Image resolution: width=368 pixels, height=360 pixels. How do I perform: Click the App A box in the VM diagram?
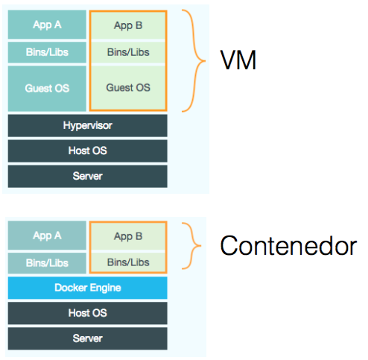point(47,25)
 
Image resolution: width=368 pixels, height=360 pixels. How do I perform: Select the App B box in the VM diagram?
point(128,25)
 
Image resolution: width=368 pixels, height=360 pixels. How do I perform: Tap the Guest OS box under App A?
point(47,88)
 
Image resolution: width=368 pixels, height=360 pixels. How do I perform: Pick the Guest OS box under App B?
point(128,87)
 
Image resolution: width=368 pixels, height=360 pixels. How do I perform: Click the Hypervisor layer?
point(87,126)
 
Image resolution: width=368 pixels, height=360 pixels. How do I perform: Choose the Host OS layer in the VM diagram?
point(87,151)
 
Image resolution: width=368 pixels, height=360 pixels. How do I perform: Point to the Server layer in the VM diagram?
point(87,176)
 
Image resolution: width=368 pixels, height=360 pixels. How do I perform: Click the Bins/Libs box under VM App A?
point(47,52)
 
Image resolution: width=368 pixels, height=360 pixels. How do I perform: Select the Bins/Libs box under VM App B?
point(128,52)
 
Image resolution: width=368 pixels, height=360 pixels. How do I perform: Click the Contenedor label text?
point(288,246)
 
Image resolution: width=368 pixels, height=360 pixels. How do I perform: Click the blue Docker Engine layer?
point(87,288)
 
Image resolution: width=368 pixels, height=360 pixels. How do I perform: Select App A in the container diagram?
point(47,236)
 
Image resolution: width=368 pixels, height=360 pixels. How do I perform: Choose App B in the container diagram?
point(128,237)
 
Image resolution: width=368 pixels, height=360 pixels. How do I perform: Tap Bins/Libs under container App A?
point(47,262)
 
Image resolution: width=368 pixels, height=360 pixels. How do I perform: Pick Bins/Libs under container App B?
point(128,262)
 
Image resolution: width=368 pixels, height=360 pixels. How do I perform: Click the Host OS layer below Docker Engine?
point(87,313)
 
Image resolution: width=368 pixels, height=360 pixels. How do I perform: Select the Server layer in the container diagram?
point(87,338)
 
